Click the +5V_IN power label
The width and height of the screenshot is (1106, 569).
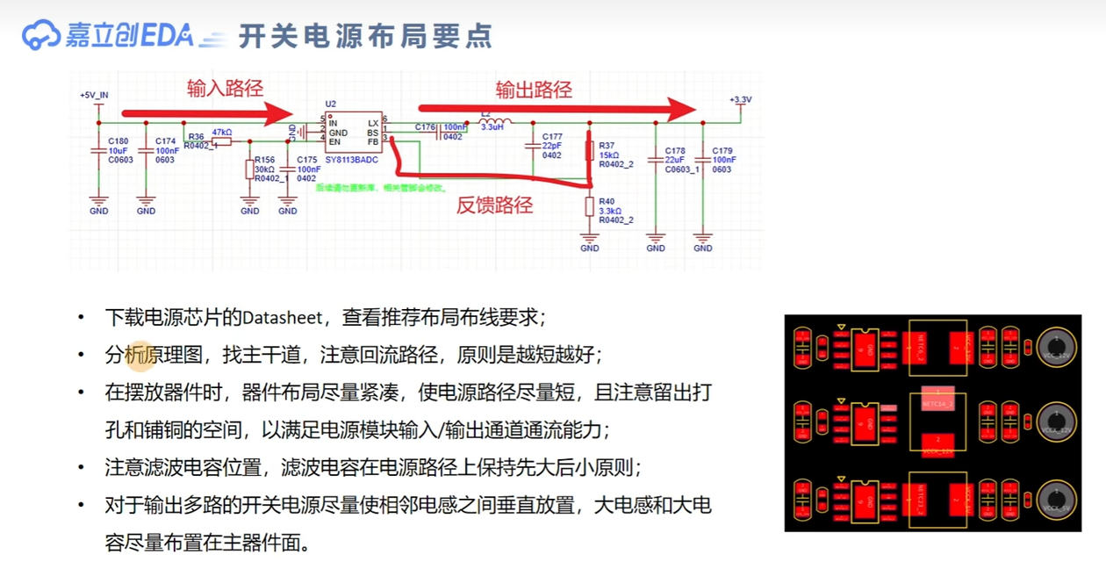point(94,95)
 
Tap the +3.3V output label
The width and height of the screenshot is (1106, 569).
point(740,100)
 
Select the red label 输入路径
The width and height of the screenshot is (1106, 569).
point(225,89)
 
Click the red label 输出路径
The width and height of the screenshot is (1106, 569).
point(534,90)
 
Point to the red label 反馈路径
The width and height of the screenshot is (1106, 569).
point(494,205)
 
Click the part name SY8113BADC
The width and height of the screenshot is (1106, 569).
point(351,160)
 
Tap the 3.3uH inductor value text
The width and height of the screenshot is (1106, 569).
point(492,127)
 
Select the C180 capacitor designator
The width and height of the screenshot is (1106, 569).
point(118,140)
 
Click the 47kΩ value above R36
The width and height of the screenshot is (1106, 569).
point(222,132)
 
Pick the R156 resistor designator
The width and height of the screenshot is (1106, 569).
point(264,161)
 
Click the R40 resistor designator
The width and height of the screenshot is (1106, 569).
point(607,202)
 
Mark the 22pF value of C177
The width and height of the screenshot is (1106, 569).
point(552,146)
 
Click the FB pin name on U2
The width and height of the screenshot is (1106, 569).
point(373,141)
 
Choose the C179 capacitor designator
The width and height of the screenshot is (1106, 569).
point(722,151)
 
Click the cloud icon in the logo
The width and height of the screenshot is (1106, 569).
point(40,35)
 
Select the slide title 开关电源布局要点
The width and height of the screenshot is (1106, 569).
point(365,36)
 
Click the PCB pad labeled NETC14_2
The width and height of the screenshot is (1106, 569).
point(937,403)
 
